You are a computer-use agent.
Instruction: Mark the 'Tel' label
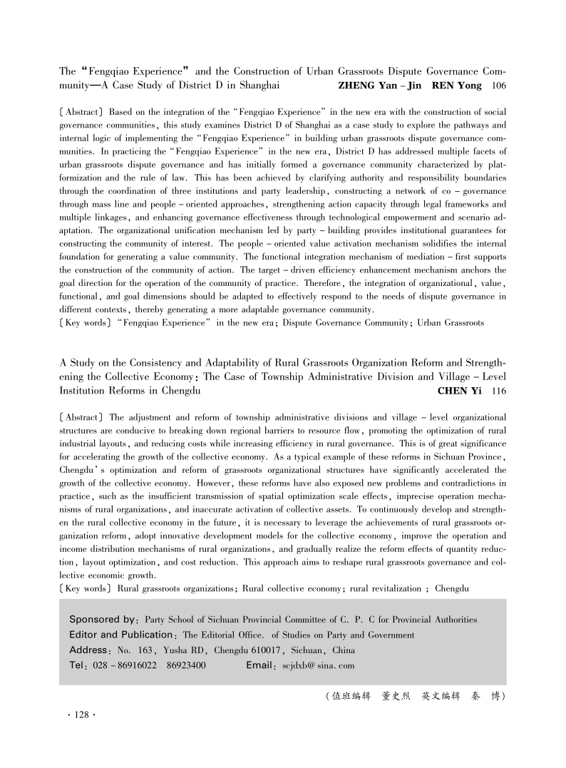76,666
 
